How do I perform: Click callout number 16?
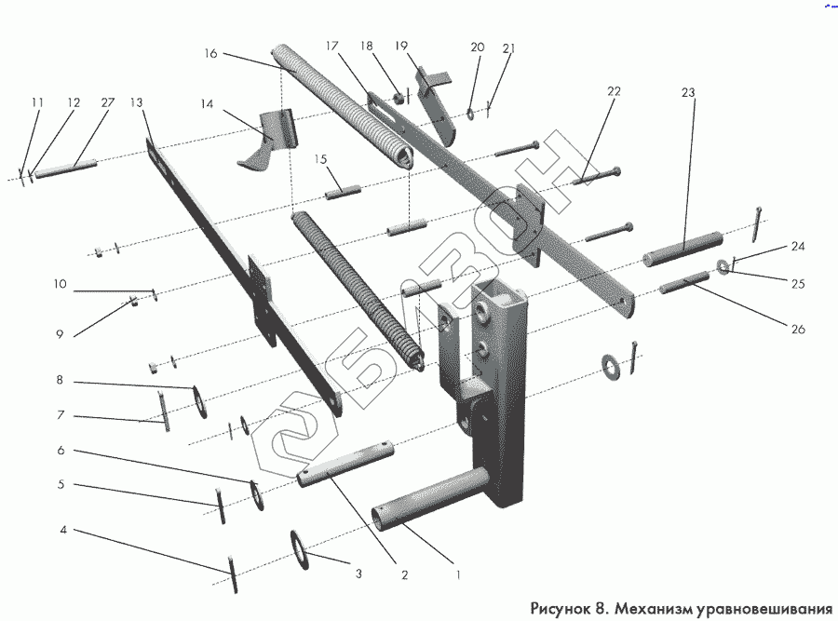point(210,54)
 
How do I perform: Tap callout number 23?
point(688,92)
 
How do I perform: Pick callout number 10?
point(60,285)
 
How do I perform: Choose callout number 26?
point(798,329)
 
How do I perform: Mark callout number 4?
point(62,531)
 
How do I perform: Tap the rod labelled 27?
point(69,167)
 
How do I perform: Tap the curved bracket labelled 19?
point(436,104)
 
